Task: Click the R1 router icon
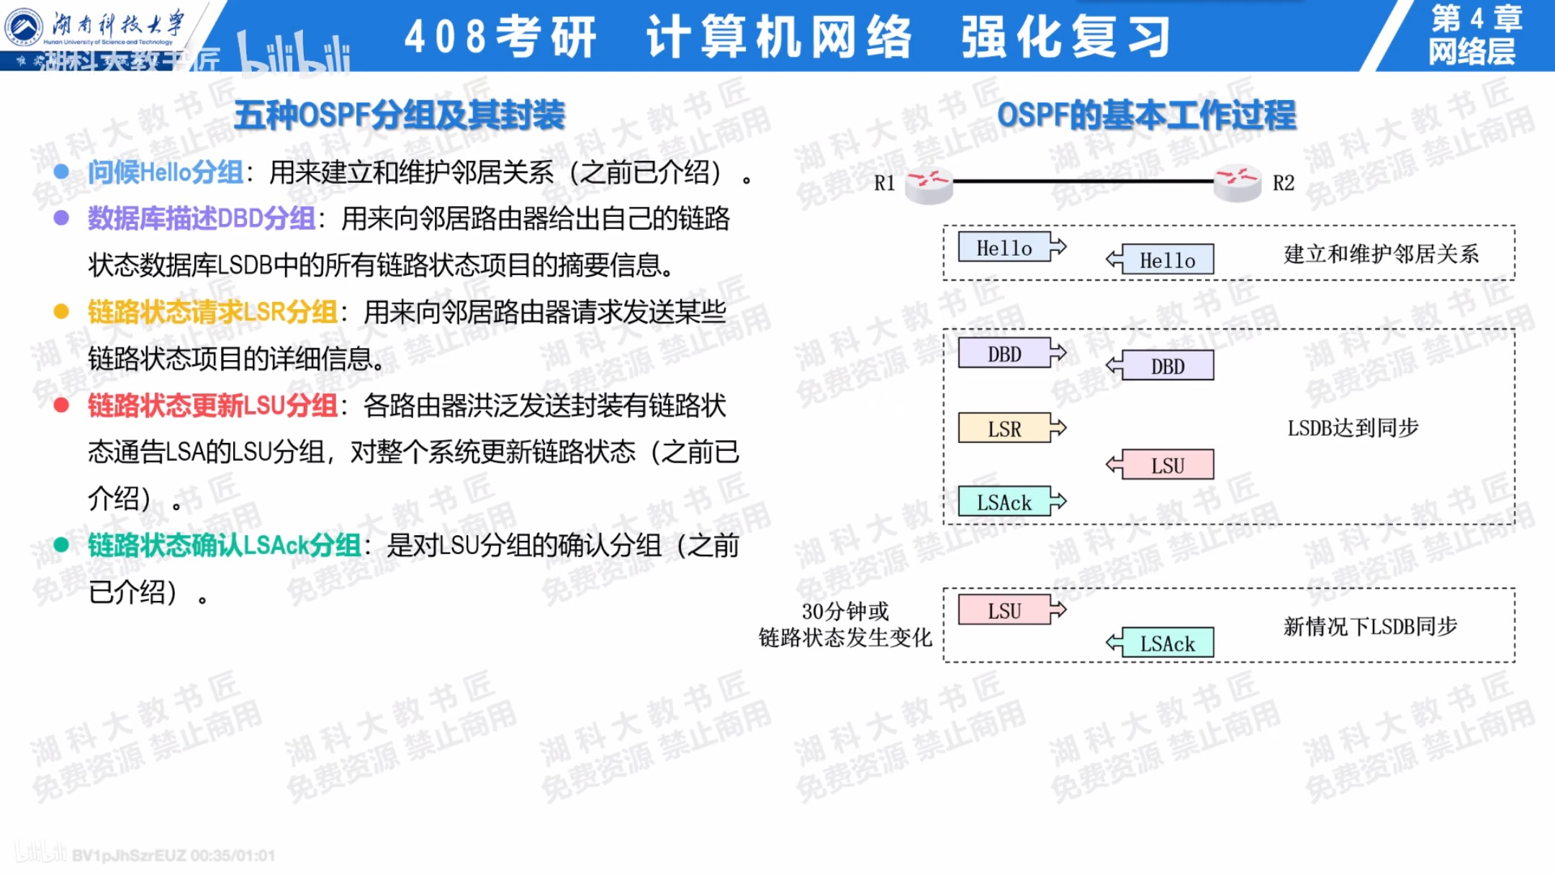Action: pyautogui.click(x=929, y=184)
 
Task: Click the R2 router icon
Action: pyautogui.click(x=1237, y=183)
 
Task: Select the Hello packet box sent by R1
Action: pyautogui.click(x=1004, y=248)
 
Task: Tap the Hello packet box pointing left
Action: pyautogui.click(x=1167, y=260)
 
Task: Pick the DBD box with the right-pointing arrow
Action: pyautogui.click(x=1004, y=354)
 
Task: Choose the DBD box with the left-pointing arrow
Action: pyautogui.click(x=1167, y=366)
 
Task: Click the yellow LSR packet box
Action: pyautogui.click(x=1004, y=429)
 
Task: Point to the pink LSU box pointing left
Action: pyautogui.click(x=1167, y=465)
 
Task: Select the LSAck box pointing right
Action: pyautogui.click(x=1004, y=502)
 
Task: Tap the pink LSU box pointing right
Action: pyautogui.click(x=1004, y=611)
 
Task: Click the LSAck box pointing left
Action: pyautogui.click(x=1167, y=643)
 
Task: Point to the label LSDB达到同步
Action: pyautogui.click(x=1353, y=428)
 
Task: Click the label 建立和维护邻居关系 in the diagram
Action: pyautogui.click(x=1381, y=254)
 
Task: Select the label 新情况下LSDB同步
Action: pyautogui.click(x=1370, y=626)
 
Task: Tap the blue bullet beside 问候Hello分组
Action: pyautogui.click(x=61, y=171)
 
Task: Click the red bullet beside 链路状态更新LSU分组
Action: pyautogui.click(x=61, y=406)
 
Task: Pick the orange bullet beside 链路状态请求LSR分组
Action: pyautogui.click(x=61, y=311)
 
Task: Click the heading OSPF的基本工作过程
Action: pyautogui.click(x=1146, y=115)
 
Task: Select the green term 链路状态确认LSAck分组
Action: pyautogui.click(x=224, y=545)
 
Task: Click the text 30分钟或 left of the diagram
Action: pyautogui.click(x=845, y=612)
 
